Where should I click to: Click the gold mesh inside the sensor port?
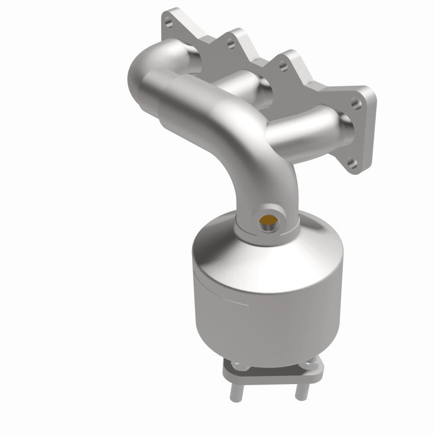pyautogui.click(x=269, y=221)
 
